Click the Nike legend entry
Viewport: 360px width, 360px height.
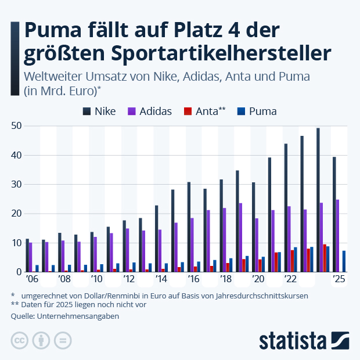99,111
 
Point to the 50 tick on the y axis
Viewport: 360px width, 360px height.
16,126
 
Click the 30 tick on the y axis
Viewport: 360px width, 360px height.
16,185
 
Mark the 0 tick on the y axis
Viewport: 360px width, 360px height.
19,272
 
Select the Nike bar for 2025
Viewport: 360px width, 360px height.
334,214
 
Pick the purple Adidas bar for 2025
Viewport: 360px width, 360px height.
338,236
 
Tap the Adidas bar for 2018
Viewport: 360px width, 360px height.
225,240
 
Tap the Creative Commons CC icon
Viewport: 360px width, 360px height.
20,340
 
